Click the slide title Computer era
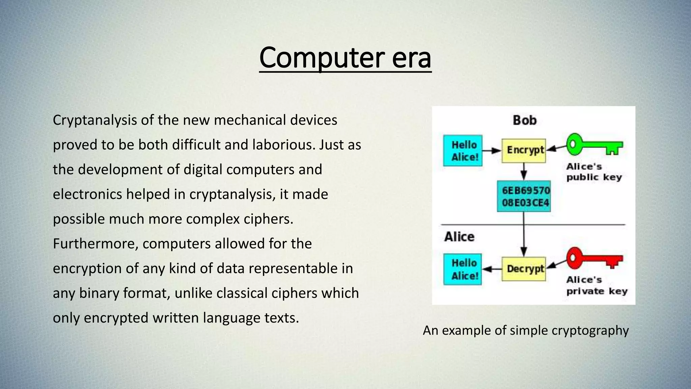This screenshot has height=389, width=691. pyautogui.click(x=345, y=58)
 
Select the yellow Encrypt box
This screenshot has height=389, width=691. pyautogui.click(x=524, y=150)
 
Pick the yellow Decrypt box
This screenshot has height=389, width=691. pyautogui.click(x=524, y=269)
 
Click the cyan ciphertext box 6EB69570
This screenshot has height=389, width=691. pyautogui.click(x=524, y=196)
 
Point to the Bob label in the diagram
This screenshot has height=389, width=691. pyautogui.click(x=525, y=120)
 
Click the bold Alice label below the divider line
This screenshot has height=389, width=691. pyautogui.click(x=459, y=237)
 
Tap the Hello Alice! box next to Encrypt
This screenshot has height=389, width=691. pyautogui.click(x=463, y=151)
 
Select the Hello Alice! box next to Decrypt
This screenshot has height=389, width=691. pyautogui.click(x=463, y=269)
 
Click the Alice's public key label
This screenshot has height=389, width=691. pyautogui.click(x=593, y=172)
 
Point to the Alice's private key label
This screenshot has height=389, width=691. pyautogui.click(x=596, y=285)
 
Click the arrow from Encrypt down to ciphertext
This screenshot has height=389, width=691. pyautogui.click(x=524, y=172)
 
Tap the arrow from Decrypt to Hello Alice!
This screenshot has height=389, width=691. pyautogui.click(x=492, y=269)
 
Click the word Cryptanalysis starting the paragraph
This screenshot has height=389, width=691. pyautogui.click(x=95, y=120)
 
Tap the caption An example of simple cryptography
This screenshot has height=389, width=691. pyautogui.click(x=526, y=330)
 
